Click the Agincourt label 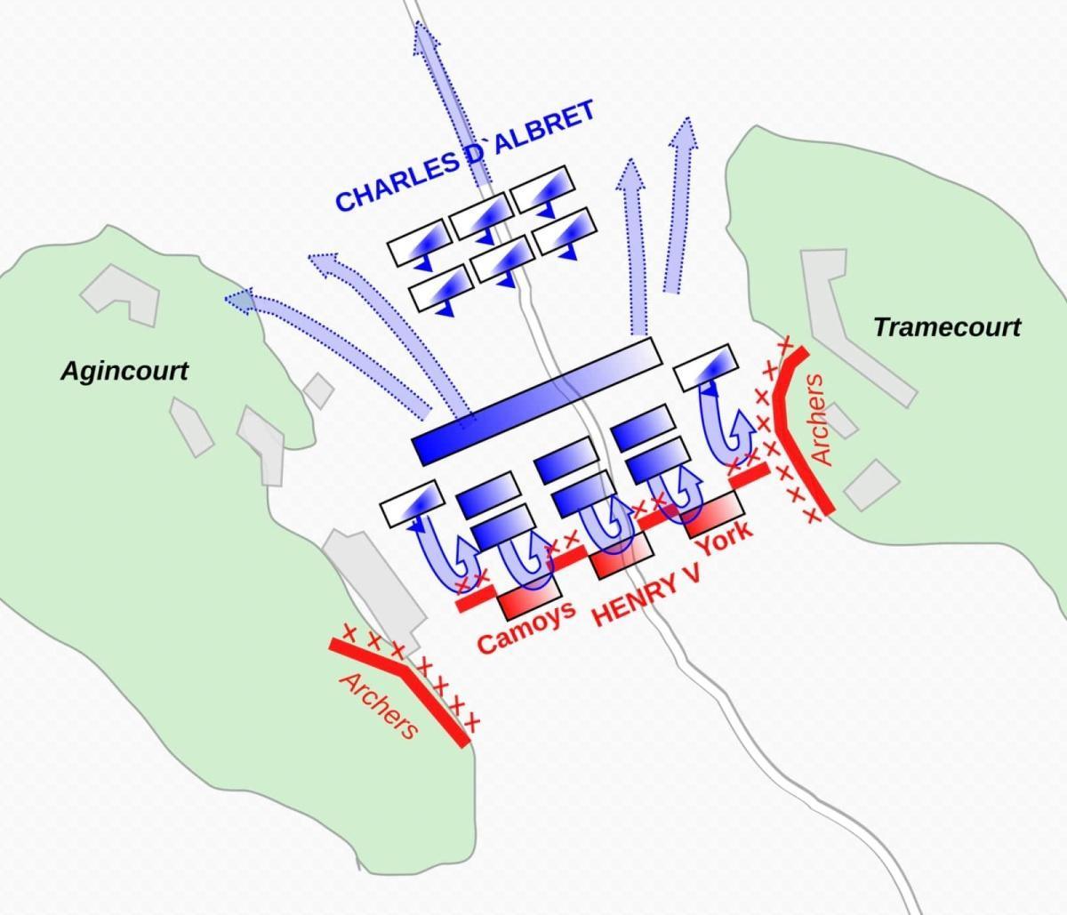pos(124,372)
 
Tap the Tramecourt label pos(947,327)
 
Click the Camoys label pos(526,627)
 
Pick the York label pos(723,538)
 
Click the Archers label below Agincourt pos(379,706)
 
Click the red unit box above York pos(714,514)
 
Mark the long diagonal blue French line pos(537,401)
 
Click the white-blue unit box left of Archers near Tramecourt pos(706,367)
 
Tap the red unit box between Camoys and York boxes pos(622,556)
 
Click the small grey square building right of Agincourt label pos(318,391)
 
